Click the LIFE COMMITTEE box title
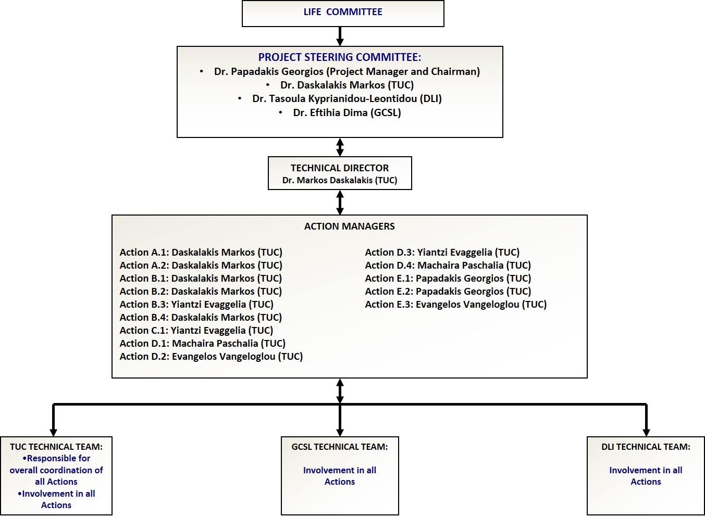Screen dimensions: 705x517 tap(343, 12)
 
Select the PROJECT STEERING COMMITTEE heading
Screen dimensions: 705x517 tap(340, 57)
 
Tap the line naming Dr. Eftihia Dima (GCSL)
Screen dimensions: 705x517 tap(347, 112)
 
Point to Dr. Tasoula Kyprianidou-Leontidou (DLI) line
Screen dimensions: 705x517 tap(347, 99)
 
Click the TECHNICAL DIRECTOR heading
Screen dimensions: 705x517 tap(340, 168)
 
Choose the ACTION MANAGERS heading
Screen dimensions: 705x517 tap(349, 226)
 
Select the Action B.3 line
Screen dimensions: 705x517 tap(196, 305)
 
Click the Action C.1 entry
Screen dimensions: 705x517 tap(196, 331)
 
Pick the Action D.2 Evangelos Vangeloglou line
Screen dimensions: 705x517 tap(211, 357)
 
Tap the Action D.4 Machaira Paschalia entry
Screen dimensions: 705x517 tap(448, 266)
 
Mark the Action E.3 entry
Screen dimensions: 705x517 tap(456, 305)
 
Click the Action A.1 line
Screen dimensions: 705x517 tap(201, 253)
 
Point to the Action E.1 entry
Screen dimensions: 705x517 tap(448, 279)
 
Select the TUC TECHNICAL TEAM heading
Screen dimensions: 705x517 tap(56, 447)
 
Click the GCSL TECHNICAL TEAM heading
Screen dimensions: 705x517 tap(340, 447)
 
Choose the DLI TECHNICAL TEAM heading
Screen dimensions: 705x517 tap(646, 447)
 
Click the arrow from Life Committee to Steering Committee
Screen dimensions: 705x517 tap(340, 36)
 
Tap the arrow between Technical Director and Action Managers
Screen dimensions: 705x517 tap(340, 203)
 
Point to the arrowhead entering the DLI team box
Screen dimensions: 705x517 tap(646, 433)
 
